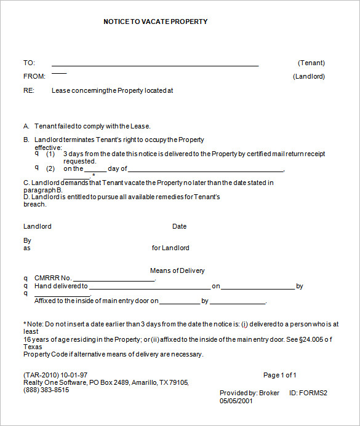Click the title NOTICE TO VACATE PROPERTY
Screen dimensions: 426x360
tap(156, 22)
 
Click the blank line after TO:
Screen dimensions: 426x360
tap(155, 65)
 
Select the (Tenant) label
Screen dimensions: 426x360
tap(311, 63)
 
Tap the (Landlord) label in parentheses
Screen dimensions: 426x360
tap(308, 77)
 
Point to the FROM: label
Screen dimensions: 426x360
tap(34, 77)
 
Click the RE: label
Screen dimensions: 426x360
tap(28, 90)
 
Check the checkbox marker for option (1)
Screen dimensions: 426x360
tap(36, 153)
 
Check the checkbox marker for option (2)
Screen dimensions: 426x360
tap(36, 167)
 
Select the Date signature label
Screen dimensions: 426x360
tap(179, 226)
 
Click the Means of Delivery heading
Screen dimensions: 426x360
tap(177, 270)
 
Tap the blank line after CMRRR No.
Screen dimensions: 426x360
tap(114, 280)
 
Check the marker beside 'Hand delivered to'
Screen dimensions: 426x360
tap(26, 286)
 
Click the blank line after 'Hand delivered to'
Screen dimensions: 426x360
tap(150, 288)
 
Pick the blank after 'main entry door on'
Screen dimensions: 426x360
tap(180, 303)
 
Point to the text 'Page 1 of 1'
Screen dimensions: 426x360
tap(280, 375)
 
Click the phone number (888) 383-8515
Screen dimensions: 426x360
tap(46, 390)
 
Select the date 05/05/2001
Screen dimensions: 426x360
tap(236, 401)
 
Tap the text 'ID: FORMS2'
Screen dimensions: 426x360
tap(308, 393)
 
